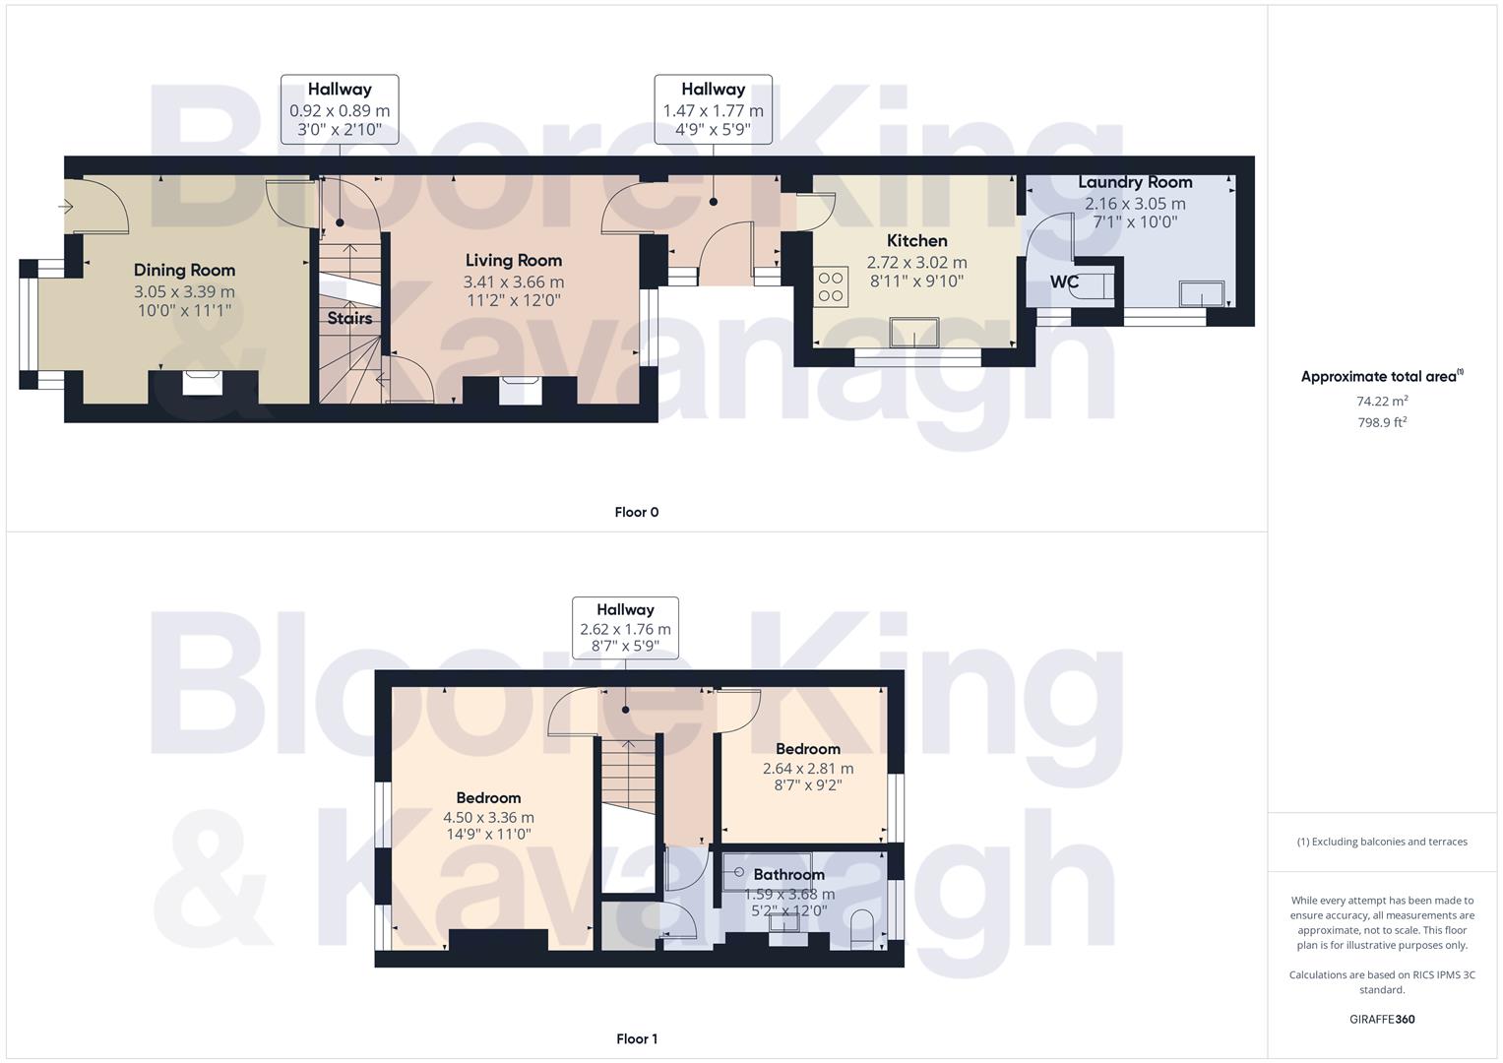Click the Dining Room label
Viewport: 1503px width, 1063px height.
(x=184, y=270)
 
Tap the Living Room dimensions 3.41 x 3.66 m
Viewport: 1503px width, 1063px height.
(x=513, y=281)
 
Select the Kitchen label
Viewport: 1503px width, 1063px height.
(x=916, y=240)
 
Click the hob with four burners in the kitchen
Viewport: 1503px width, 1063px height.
(x=831, y=286)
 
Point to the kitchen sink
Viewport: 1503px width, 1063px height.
(x=914, y=333)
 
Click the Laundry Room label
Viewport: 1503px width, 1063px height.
(x=1135, y=182)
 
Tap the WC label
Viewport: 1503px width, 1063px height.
(x=1064, y=282)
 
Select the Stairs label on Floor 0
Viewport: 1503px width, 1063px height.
(x=349, y=318)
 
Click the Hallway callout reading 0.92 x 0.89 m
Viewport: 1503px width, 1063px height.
(x=340, y=109)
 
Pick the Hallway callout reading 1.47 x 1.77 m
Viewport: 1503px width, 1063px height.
(x=713, y=109)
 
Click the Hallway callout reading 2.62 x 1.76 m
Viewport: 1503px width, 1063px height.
(x=625, y=628)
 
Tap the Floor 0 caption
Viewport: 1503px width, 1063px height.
(x=636, y=512)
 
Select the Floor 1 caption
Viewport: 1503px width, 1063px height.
(x=636, y=1038)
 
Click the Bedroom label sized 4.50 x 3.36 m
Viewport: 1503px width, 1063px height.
(x=488, y=797)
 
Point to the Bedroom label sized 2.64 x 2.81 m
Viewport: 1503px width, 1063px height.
(x=807, y=749)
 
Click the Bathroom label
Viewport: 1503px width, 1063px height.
(x=788, y=874)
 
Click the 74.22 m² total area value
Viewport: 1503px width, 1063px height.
(x=1382, y=401)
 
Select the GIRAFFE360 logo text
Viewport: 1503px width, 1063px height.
(x=1382, y=1019)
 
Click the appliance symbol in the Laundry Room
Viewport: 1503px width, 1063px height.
(x=1203, y=293)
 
